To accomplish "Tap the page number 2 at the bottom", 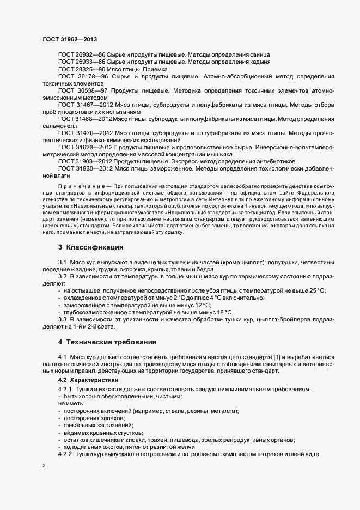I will (44, 466).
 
